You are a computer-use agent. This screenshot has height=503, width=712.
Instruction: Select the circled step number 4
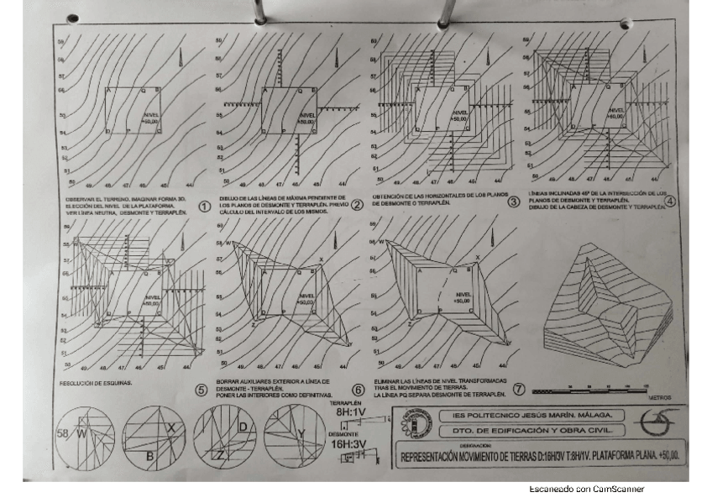click(669, 201)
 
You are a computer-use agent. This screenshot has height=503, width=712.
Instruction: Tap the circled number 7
click(518, 389)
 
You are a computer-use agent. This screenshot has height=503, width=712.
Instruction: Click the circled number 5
click(201, 390)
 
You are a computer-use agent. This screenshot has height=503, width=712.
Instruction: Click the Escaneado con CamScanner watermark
click(586, 489)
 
